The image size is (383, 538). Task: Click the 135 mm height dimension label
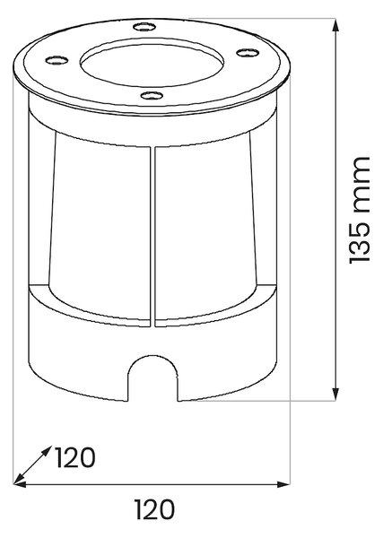point(360,211)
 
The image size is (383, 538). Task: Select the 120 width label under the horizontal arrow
point(154,509)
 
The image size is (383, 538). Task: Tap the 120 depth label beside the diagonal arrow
point(74,457)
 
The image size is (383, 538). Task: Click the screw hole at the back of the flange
point(144,26)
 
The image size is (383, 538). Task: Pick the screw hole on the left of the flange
point(57,60)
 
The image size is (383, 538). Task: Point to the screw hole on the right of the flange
point(248,53)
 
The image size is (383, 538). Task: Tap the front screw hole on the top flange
point(152,95)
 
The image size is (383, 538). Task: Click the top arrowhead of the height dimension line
point(336,25)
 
